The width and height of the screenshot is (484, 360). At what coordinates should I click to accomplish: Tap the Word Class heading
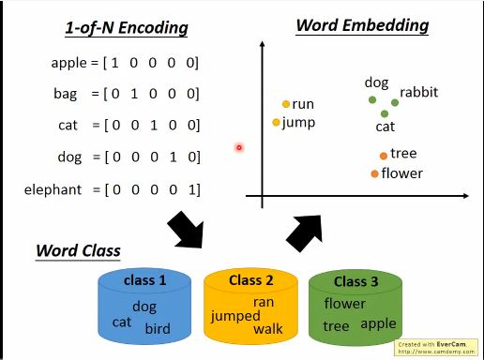tap(78, 251)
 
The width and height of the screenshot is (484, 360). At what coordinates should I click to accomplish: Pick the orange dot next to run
tap(286, 104)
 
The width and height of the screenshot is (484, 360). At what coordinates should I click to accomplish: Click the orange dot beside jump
tap(276, 122)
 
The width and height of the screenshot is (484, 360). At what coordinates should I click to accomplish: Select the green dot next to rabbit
tap(394, 101)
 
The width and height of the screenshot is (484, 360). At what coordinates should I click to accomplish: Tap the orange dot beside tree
tap(384, 156)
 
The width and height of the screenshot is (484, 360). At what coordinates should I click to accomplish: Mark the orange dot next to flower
tap(374, 173)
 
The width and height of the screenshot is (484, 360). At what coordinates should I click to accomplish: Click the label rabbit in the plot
tap(418, 93)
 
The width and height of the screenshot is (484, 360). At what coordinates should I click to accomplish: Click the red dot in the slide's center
tap(239, 147)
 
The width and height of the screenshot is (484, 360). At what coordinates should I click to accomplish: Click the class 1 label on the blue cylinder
tap(144, 280)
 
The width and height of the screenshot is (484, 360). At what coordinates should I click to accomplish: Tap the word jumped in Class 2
tap(235, 316)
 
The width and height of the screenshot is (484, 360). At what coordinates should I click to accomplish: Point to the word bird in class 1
tap(158, 329)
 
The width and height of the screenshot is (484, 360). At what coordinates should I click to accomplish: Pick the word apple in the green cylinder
tap(378, 324)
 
